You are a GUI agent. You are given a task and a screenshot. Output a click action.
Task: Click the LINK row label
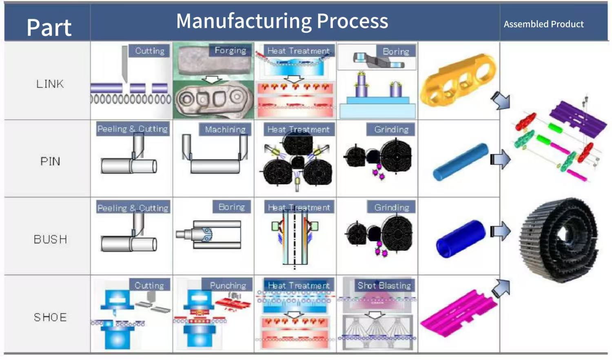(50, 84)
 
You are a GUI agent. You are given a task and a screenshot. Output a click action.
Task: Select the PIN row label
(50, 162)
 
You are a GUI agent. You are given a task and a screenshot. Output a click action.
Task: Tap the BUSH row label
(50, 240)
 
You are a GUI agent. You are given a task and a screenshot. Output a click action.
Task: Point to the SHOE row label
(50, 318)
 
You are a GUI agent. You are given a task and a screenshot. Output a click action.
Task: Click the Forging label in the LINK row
(231, 51)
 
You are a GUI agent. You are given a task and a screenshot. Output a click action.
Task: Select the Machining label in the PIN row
(225, 129)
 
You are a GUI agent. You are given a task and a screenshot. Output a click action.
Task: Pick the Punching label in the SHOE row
(228, 286)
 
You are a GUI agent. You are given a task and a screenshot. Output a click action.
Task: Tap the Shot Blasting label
(384, 285)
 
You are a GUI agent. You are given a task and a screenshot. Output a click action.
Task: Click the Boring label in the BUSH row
(232, 207)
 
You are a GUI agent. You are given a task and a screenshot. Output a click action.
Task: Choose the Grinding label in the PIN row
(391, 129)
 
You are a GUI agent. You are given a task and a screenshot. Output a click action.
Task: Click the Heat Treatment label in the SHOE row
(299, 286)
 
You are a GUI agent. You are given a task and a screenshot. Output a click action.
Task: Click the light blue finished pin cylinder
(461, 162)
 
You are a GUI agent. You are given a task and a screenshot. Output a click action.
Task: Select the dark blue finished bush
(461, 239)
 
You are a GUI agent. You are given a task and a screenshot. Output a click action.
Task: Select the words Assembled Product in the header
(544, 24)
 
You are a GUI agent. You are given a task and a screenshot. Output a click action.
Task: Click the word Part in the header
(49, 27)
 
